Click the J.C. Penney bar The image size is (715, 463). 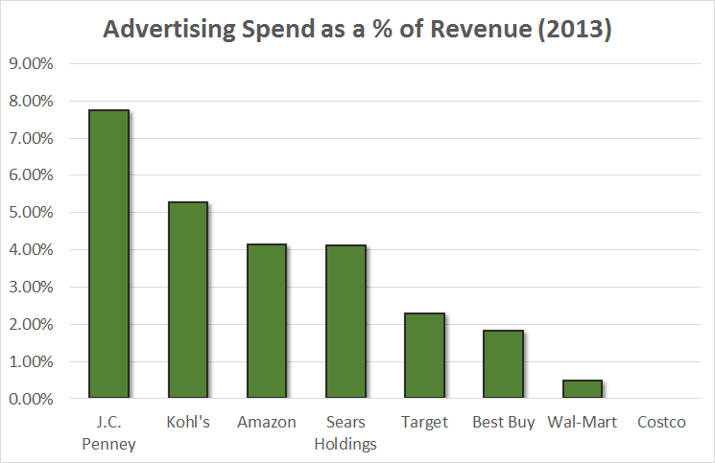click(x=108, y=254)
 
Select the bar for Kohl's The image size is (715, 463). click(x=187, y=300)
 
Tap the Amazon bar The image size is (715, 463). click(x=266, y=321)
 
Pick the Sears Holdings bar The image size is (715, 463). click(x=346, y=322)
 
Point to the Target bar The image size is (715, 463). click(x=424, y=356)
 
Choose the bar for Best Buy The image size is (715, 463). click(x=503, y=364)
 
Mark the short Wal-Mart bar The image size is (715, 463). click(x=582, y=389)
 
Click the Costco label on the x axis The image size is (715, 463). click(x=661, y=422)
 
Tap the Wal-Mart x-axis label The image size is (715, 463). click(x=582, y=422)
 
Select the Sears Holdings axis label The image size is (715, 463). click(x=346, y=432)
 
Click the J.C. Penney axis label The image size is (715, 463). click(x=108, y=432)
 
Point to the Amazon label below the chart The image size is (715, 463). click(x=266, y=422)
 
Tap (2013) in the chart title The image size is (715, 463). click(x=574, y=30)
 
